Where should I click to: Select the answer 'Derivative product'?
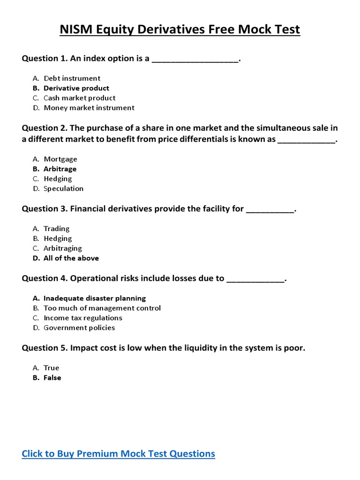pos(76,88)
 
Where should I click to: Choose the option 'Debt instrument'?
pos(72,78)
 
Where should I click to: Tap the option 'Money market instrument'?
pos(89,108)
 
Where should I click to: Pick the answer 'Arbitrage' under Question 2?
pos(60,169)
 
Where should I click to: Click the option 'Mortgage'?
pos(60,159)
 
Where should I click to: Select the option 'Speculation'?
pos(63,188)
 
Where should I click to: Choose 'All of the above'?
pos(71,258)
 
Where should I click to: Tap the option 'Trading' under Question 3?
pos(56,229)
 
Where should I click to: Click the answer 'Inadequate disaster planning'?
pos(94,298)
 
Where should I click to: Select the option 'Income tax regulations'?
pos(82,318)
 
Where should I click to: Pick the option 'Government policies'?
pos(79,328)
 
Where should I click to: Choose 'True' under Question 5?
pos(51,368)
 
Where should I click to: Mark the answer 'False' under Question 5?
pos(52,378)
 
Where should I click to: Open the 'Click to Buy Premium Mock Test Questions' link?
pos(119,454)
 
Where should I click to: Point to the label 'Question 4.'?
pos(45,278)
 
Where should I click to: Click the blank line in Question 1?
pos(195,59)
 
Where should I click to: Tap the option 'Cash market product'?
pos(79,98)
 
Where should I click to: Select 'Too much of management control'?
pos(102,308)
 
